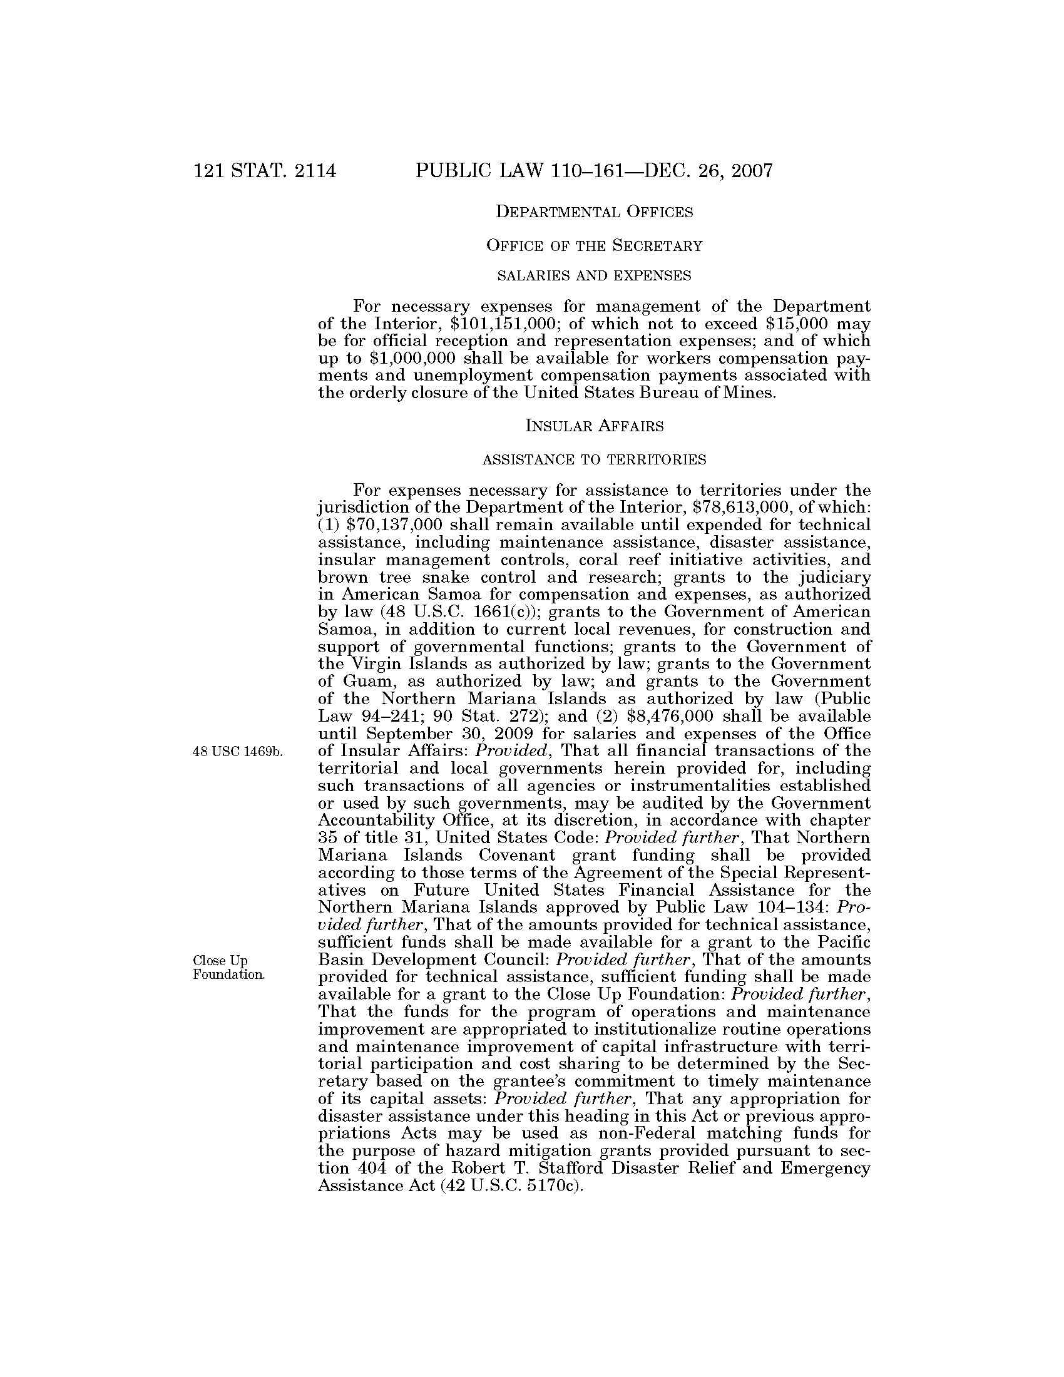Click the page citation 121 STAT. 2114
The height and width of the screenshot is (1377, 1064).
(265, 171)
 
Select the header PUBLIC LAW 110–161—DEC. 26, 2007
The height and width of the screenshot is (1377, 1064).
(594, 171)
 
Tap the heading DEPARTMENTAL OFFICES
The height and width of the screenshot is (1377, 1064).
(594, 212)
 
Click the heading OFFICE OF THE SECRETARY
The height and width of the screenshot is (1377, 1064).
(594, 246)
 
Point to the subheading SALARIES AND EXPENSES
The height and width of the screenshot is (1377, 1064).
(594, 276)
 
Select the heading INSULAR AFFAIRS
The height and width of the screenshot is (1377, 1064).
(594, 427)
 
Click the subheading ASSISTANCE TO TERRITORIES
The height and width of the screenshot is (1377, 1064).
(594, 460)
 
